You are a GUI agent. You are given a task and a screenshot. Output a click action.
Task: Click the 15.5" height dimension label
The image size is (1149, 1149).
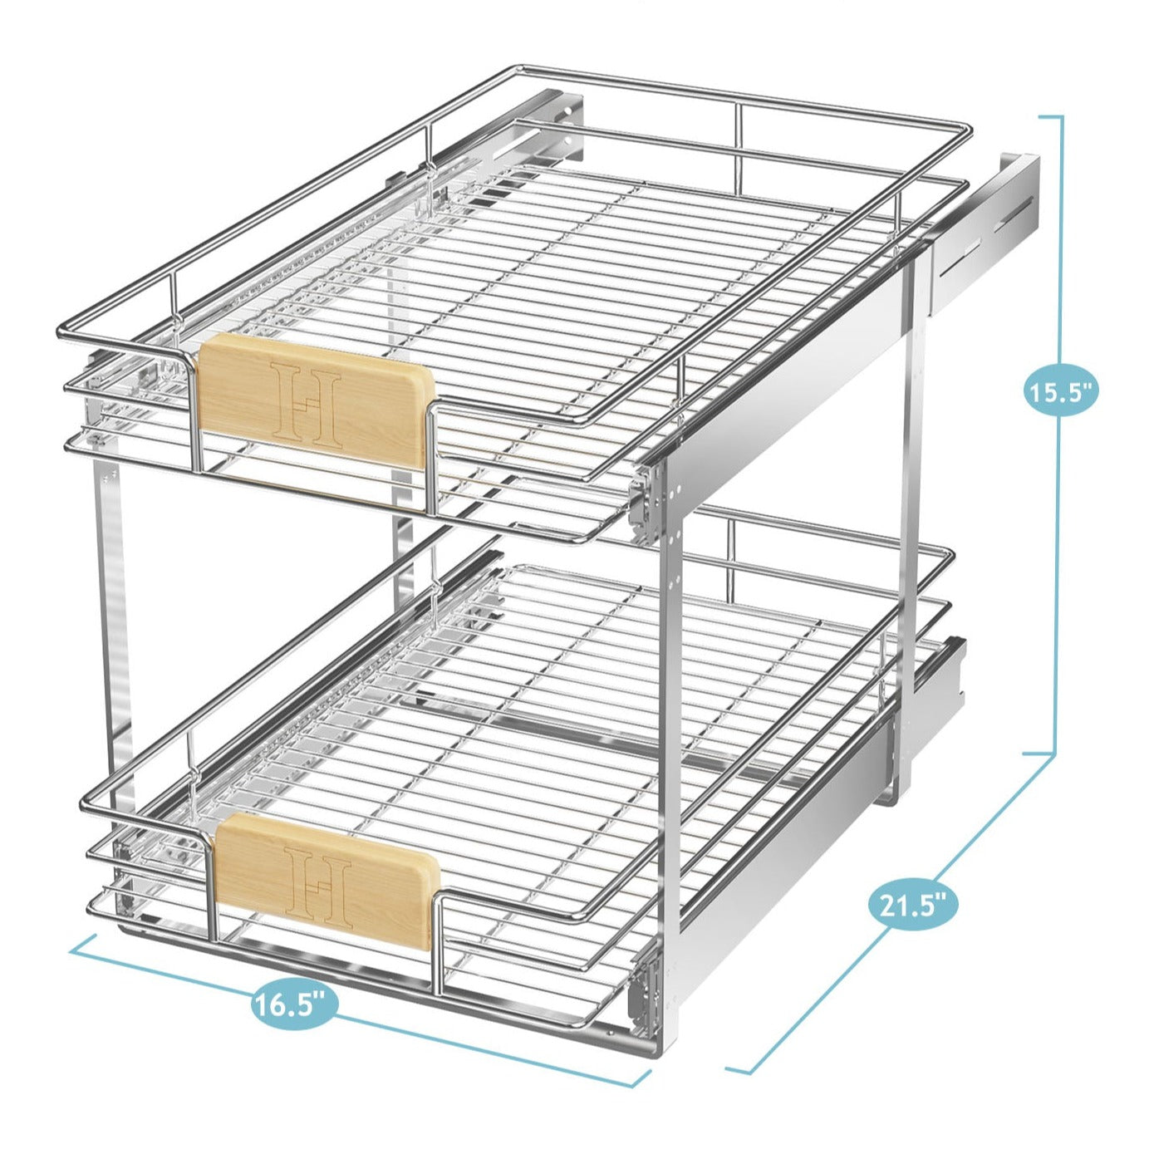(x=1061, y=390)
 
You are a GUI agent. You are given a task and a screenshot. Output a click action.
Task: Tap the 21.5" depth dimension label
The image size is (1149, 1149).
(x=913, y=905)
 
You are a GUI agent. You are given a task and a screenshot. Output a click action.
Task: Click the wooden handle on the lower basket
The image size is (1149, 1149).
(x=326, y=881)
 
